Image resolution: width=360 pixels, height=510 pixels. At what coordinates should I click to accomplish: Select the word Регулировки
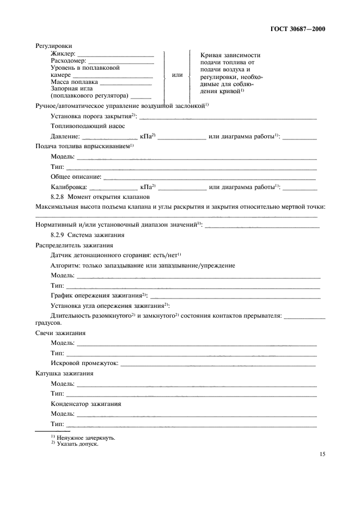click(54, 46)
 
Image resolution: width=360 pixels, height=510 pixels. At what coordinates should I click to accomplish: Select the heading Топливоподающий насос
click(88, 125)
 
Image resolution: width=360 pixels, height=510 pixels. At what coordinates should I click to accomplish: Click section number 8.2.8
click(57, 197)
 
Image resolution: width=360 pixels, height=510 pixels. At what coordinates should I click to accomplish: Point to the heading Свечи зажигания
click(60, 333)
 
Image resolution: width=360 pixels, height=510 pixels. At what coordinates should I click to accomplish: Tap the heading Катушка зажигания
click(64, 374)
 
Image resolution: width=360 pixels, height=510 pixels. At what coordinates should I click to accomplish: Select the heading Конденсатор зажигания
click(86, 404)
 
